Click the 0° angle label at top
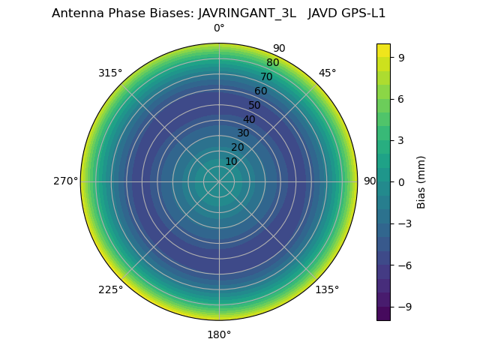click(219, 28)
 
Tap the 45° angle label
click(327, 73)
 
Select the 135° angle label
click(327, 289)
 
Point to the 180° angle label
click(219, 334)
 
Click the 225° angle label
click(110, 289)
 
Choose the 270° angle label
click(65, 181)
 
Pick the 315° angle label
click(110, 73)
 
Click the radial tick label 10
click(231, 161)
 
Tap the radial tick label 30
click(243, 133)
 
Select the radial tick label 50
click(254, 105)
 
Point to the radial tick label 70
click(266, 76)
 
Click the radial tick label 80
click(272, 63)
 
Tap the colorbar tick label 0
click(401, 181)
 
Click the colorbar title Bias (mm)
click(421, 181)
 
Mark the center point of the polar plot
click(219, 181)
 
